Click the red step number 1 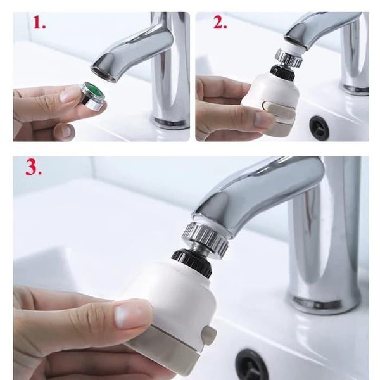point(39,23)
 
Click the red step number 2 point(220,23)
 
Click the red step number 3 point(34,167)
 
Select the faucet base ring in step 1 point(171,122)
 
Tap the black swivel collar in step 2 point(282,72)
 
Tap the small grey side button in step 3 point(209,335)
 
